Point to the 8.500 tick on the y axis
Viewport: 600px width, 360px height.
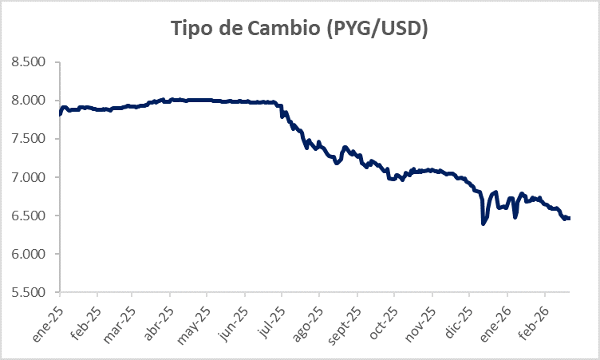34,62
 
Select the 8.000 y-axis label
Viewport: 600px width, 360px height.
34,101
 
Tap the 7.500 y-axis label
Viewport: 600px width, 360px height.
34,139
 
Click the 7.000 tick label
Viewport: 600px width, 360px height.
34,177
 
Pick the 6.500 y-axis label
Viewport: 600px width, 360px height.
34,216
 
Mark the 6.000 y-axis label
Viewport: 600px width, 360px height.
34,254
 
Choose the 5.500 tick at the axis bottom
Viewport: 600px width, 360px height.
34,292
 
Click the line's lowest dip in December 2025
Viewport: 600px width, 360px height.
484,224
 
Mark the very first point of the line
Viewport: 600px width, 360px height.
61,114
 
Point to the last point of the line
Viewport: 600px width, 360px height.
568,218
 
